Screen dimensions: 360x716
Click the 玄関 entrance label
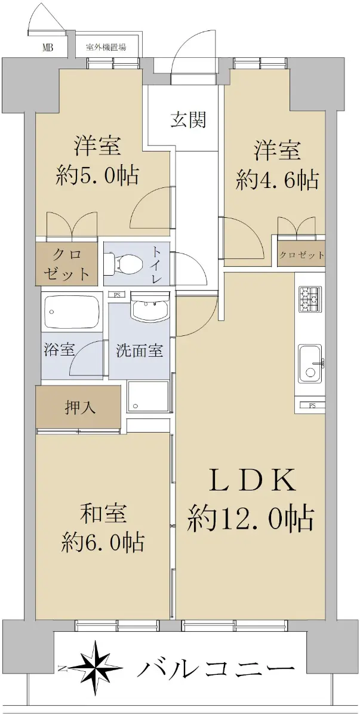point(188,120)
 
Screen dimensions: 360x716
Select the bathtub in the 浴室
point(72,312)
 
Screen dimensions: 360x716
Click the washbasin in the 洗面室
point(150,307)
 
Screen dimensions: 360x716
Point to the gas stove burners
point(309,299)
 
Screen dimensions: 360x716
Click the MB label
point(48,48)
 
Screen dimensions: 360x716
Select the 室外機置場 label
point(106,48)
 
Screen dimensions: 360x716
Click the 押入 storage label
point(80,408)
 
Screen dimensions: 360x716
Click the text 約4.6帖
point(278,180)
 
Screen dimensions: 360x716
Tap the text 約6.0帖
point(102,541)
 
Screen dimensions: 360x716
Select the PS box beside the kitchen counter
point(312,406)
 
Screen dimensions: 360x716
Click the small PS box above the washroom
point(117,295)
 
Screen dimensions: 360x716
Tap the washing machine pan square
point(148,397)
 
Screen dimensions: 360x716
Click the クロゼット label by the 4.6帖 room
point(301,255)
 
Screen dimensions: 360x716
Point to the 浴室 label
point(59,350)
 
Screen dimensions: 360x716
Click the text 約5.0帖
point(97,175)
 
